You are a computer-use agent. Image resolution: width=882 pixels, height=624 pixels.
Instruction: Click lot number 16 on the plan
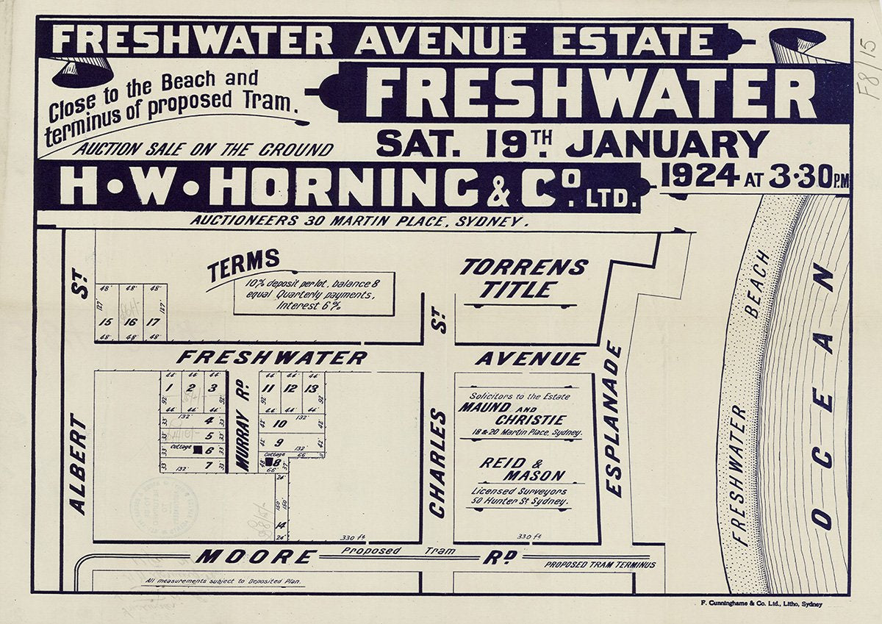pyautogui.click(x=131, y=322)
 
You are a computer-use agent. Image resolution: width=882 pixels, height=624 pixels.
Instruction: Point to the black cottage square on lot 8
pyautogui.click(x=269, y=462)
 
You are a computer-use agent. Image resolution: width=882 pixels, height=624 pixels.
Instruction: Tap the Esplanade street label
pyautogui.click(x=614, y=419)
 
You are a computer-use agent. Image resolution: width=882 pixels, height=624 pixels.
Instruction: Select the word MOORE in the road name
pyautogui.click(x=256, y=557)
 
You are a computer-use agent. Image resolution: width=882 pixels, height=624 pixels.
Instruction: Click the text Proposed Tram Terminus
pyautogui.click(x=600, y=564)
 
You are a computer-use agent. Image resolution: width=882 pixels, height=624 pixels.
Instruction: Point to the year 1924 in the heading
pyautogui.click(x=699, y=176)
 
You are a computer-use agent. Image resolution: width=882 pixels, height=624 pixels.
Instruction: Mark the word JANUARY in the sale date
pyautogui.click(x=667, y=143)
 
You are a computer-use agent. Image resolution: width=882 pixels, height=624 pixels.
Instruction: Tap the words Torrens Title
pyautogui.click(x=523, y=278)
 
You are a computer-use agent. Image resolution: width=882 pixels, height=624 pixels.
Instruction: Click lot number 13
pyautogui.click(x=313, y=389)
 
